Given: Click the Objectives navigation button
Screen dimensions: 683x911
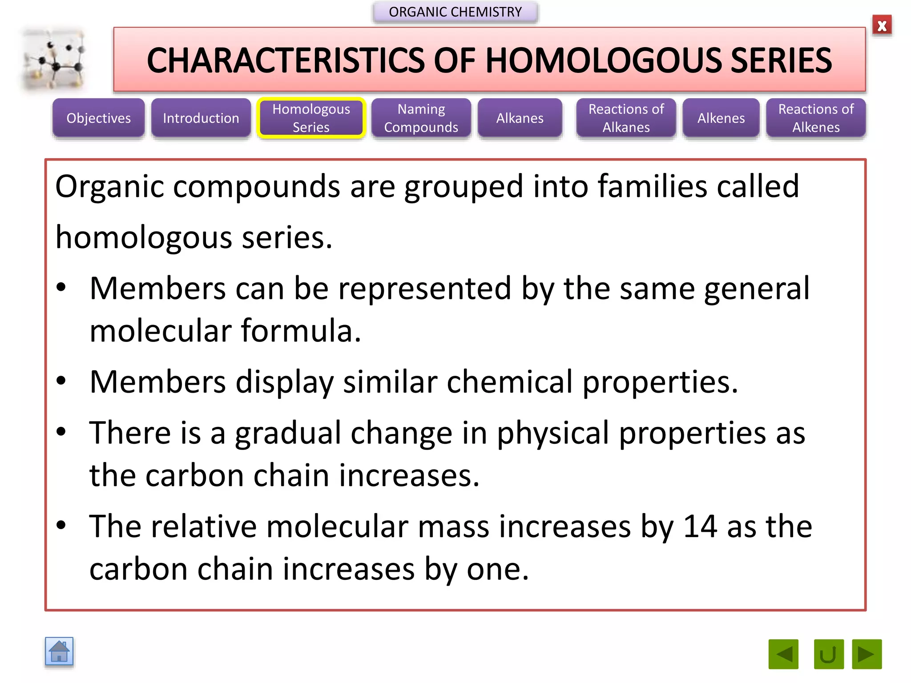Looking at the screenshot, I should pos(98,118).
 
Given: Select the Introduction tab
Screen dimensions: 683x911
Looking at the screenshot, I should pos(201,118).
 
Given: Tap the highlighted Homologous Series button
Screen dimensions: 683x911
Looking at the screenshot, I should pos(311,118).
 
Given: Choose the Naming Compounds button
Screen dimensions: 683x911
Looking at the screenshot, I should pos(421,118).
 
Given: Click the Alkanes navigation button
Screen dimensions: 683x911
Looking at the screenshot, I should pos(520,118).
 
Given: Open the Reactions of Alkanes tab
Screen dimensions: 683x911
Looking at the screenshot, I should pos(626,118).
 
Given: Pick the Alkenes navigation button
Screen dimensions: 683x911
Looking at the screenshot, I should pos(721,118).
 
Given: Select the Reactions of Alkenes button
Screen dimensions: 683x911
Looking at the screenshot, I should pos(816,118).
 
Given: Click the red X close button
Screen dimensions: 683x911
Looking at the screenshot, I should pos(882,26).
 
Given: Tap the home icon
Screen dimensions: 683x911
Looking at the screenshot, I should pos(59,652).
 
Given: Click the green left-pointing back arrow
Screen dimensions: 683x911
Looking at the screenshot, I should pos(783,654).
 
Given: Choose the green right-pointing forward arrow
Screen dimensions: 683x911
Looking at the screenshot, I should pos(867,654).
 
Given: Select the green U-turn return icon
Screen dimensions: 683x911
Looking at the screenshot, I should pos(828,654).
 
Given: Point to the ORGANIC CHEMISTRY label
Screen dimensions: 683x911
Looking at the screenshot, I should pos(455,12).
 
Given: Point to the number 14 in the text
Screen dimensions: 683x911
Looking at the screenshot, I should pos(700,526).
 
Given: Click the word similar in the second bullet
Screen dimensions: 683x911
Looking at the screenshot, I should pos(390,382).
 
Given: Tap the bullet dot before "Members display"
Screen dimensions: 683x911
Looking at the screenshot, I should pos(61,381).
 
